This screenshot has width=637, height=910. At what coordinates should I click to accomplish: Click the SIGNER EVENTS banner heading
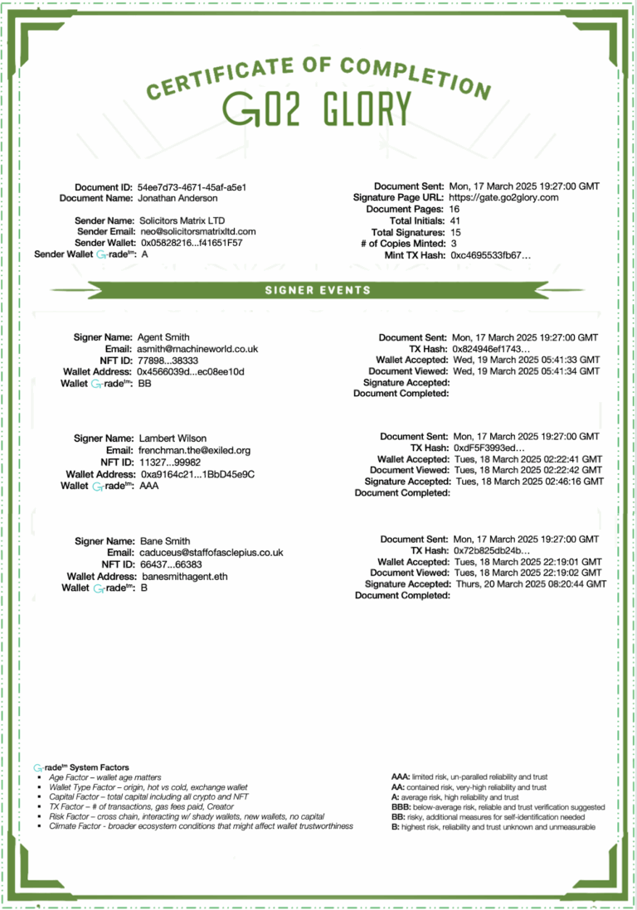(318, 290)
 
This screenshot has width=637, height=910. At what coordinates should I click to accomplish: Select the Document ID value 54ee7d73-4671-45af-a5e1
(192, 187)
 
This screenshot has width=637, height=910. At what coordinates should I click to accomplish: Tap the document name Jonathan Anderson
(177, 198)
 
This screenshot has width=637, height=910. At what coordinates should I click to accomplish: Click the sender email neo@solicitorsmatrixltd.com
(197, 232)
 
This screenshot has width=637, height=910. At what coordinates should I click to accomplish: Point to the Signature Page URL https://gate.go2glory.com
(503, 198)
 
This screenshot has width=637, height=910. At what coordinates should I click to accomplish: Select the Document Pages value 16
(455, 210)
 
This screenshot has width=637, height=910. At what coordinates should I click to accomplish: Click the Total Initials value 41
(455, 221)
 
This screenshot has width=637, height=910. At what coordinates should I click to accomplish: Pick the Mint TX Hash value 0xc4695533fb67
(491, 255)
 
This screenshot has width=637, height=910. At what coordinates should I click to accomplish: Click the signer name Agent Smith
(163, 337)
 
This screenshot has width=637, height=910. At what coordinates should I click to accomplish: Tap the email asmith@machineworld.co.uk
(197, 349)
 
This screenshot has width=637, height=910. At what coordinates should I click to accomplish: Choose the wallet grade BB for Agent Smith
(144, 384)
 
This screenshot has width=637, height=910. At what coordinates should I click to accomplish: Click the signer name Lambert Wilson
(173, 438)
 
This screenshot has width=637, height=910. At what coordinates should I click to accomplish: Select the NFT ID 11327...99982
(169, 462)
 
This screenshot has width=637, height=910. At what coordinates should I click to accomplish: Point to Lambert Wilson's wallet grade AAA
(148, 486)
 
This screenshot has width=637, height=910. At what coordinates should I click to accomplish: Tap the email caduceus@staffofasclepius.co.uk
(211, 552)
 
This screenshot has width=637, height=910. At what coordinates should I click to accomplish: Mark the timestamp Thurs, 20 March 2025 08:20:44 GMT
(531, 584)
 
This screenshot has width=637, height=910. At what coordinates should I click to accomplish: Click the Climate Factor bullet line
(201, 826)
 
